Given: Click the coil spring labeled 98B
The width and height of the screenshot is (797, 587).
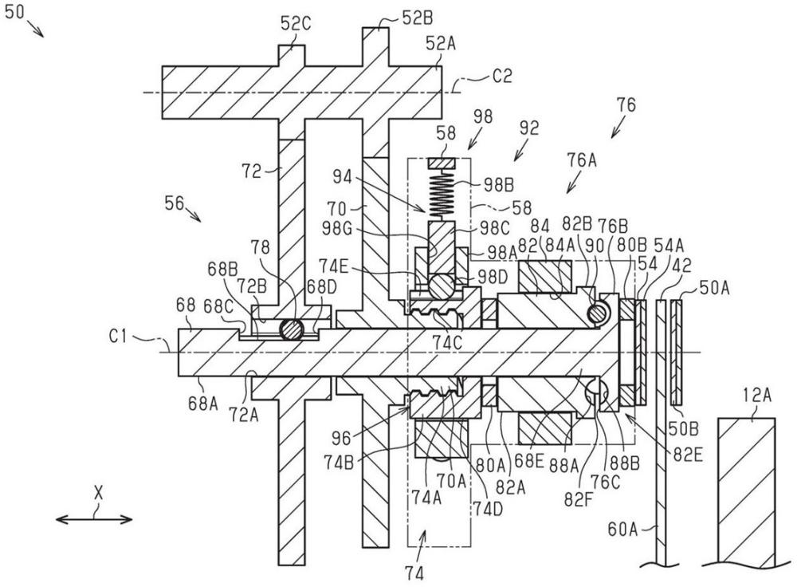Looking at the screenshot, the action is tap(442, 195).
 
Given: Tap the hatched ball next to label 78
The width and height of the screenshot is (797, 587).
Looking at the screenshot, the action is tap(292, 329).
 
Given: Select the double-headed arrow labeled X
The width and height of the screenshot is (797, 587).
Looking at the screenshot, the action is tap(94, 519).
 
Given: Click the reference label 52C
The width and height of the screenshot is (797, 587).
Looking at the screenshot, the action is tap(296, 23).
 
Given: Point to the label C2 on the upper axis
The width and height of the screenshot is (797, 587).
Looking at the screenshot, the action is tap(502, 77).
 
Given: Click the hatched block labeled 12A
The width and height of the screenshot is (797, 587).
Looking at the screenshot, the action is tap(747, 490).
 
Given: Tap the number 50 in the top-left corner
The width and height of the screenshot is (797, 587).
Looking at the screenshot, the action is tap(14, 12).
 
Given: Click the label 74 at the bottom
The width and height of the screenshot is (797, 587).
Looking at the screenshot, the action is tap(414, 573).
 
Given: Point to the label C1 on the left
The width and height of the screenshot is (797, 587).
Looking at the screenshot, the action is tap(119, 337).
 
